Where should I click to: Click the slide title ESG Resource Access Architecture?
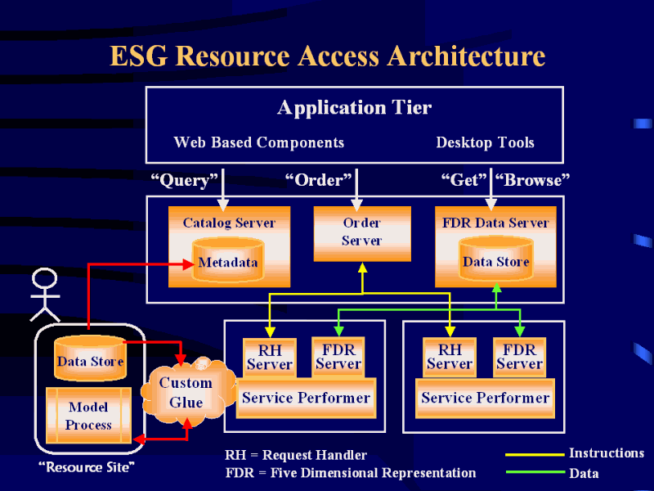click(x=327, y=56)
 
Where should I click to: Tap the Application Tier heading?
click(x=354, y=107)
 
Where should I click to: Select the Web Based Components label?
click(x=258, y=142)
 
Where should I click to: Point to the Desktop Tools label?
click(x=485, y=142)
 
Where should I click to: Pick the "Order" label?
click(x=318, y=179)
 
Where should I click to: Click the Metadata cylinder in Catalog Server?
click(x=228, y=261)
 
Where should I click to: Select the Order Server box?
click(x=361, y=232)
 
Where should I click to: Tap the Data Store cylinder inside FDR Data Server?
click(x=495, y=260)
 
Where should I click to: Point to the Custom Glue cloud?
click(x=186, y=393)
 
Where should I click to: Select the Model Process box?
click(x=88, y=416)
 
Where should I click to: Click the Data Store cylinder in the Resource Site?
click(x=90, y=359)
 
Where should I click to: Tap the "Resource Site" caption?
click(x=86, y=466)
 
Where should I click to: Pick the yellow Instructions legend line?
click(x=534, y=454)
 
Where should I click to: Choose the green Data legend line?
click(x=534, y=472)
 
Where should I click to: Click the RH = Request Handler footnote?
click(x=296, y=455)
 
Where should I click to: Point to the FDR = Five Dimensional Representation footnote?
click(x=350, y=472)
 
